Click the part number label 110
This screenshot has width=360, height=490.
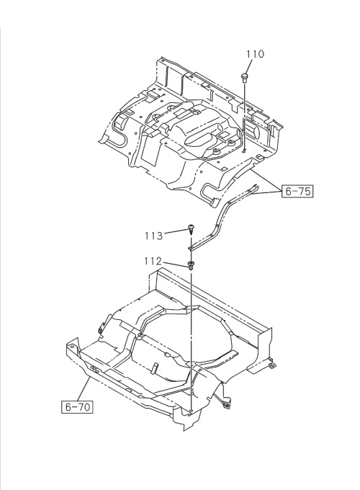coord(256,54)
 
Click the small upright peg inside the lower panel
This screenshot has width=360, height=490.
coord(156,366)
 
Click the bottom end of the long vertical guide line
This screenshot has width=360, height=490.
coord(192,410)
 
